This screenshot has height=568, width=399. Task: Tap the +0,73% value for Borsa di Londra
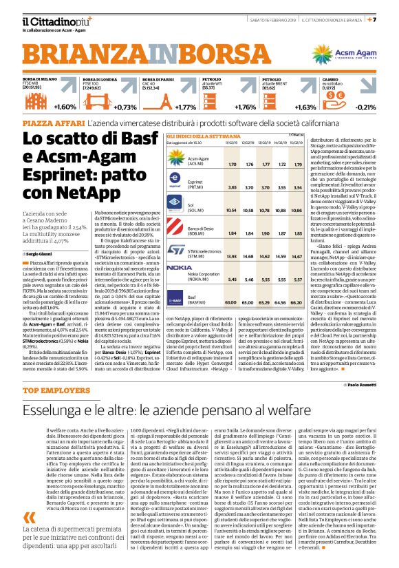pos(125,107)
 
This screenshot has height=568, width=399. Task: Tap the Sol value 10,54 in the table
pos(232,211)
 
